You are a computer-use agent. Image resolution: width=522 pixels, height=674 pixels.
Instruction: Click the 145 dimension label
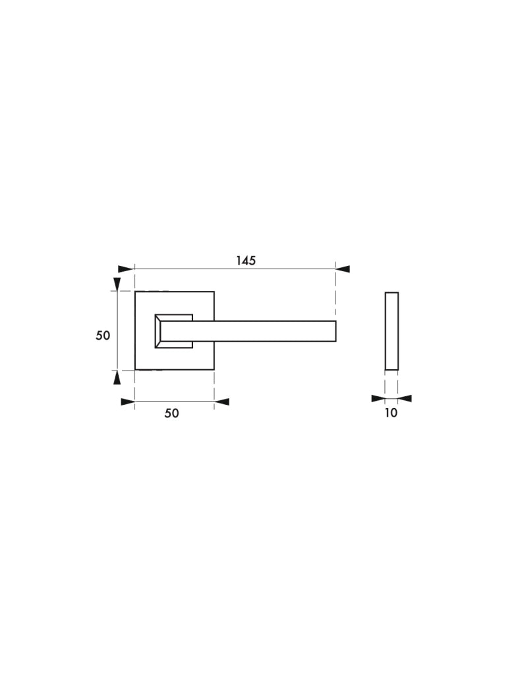point(246,261)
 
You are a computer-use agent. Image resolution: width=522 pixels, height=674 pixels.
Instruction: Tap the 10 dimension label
point(391,413)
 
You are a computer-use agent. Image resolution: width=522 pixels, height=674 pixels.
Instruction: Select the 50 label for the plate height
point(103,335)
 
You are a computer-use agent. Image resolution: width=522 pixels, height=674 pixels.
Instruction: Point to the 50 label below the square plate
point(171,413)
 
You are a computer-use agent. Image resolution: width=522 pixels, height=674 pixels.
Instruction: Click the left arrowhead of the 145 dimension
point(126,269)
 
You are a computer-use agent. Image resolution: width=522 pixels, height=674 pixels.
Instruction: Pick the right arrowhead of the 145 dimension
point(343,269)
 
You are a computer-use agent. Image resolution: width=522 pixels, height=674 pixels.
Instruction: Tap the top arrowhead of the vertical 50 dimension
point(117,284)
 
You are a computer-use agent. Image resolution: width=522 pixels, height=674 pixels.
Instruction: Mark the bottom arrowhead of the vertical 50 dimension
point(117,377)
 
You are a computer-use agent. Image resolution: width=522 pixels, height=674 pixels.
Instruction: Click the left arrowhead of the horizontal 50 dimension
point(128,402)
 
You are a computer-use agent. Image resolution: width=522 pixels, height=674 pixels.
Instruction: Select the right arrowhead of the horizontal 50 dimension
point(221,402)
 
